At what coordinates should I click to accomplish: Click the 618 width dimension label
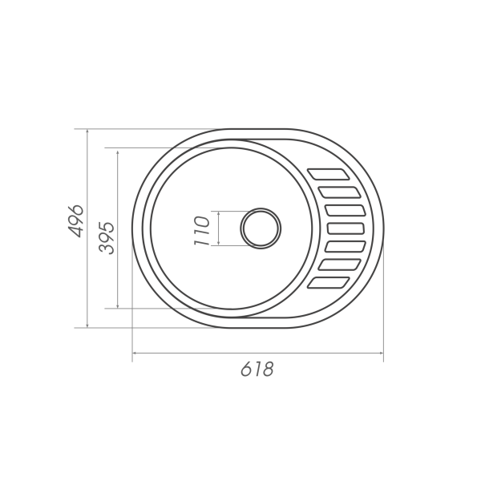pos(257,369)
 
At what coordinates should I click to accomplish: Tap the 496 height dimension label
pos(75,221)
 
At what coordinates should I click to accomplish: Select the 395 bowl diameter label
pos(107,238)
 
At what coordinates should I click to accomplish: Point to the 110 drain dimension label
pos(201,231)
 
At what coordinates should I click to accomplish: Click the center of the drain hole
pos(261,228)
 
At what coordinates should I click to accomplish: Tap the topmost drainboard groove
pos(329,174)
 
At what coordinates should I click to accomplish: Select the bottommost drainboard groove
pos(329,282)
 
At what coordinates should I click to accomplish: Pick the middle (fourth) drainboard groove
pos(346,228)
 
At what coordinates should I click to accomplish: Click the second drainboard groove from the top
pos(340,192)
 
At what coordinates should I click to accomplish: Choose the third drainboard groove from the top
pos(346,210)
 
